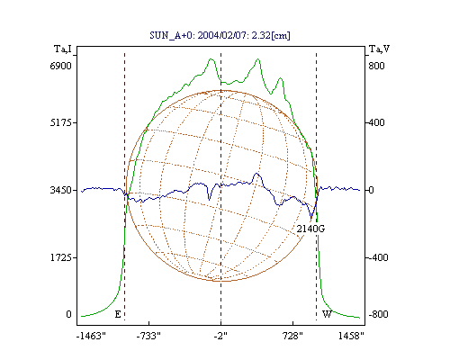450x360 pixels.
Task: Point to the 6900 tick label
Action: [x=60, y=66]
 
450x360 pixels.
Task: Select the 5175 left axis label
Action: [x=60, y=122]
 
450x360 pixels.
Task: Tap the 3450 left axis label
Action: [x=60, y=190]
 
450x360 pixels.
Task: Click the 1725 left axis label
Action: [x=60, y=257]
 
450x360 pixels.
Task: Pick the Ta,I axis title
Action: [x=63, y=49]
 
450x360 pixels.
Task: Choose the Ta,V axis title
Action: [x=379, y=49]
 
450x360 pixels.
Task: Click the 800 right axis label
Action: [x=376, y=66]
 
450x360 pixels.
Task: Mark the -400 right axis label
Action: [x=378, y=257]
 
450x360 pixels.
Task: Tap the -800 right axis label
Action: [x=378, y=314]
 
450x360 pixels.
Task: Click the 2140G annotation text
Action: [x=310, y=229]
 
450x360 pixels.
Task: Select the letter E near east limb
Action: [x=118, y=314]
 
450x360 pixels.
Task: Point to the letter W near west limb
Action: [x=327, y=314]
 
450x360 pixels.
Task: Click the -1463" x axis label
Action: [x=91, y=336]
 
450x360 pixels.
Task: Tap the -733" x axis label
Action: [x=148, y=336]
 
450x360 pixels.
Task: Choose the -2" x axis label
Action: [x=220, y=336]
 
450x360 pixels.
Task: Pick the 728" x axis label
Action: [x=292, y=336]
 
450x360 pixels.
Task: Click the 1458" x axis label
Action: [x=351, y=336]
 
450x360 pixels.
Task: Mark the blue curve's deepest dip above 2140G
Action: [x=311, y=219]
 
